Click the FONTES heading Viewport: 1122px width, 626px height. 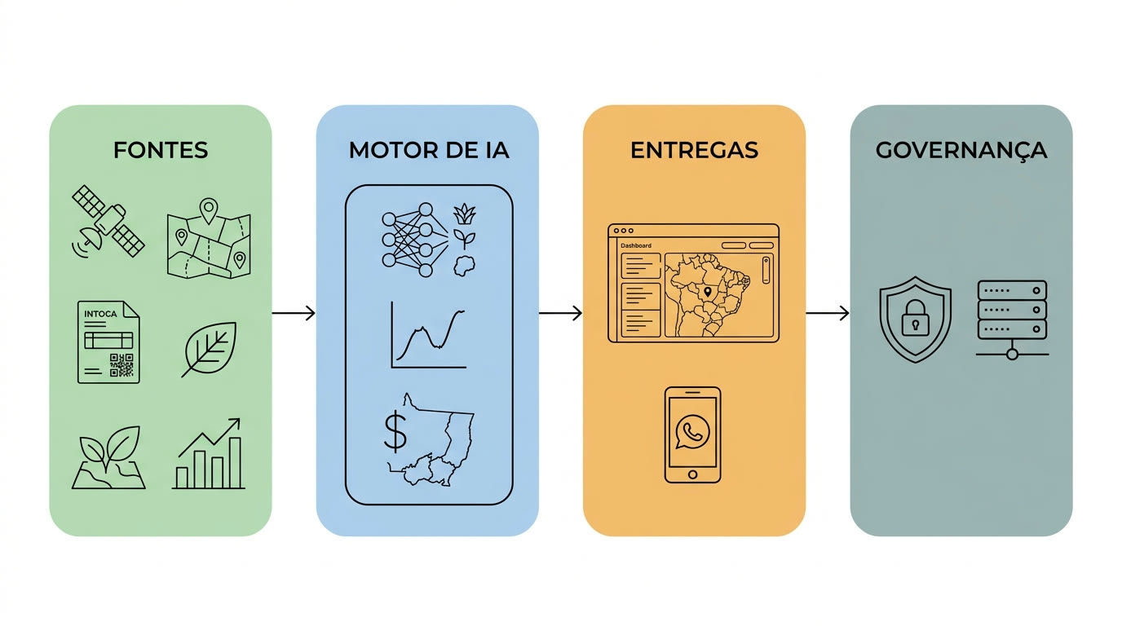coord(161,150)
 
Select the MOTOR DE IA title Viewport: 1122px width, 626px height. coord(429,150)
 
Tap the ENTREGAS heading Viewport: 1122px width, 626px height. coord(694,150)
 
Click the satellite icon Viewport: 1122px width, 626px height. coord(108,222)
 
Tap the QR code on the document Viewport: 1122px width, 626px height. coord(121,365)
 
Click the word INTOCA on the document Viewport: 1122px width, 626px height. coord(100,314)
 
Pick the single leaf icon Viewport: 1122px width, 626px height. coord(209,349)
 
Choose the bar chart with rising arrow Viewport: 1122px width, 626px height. coord(209,453)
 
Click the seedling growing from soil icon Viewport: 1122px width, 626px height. coord(108,456)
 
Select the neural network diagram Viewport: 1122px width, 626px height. coord(415,240)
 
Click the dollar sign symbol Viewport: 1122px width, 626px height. coord(395,431)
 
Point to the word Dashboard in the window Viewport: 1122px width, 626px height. coord(636,245)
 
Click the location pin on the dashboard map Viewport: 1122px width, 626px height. coord(707,292)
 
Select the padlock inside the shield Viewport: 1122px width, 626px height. coord(915,318)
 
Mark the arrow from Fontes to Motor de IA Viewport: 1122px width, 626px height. coord(294,313)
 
